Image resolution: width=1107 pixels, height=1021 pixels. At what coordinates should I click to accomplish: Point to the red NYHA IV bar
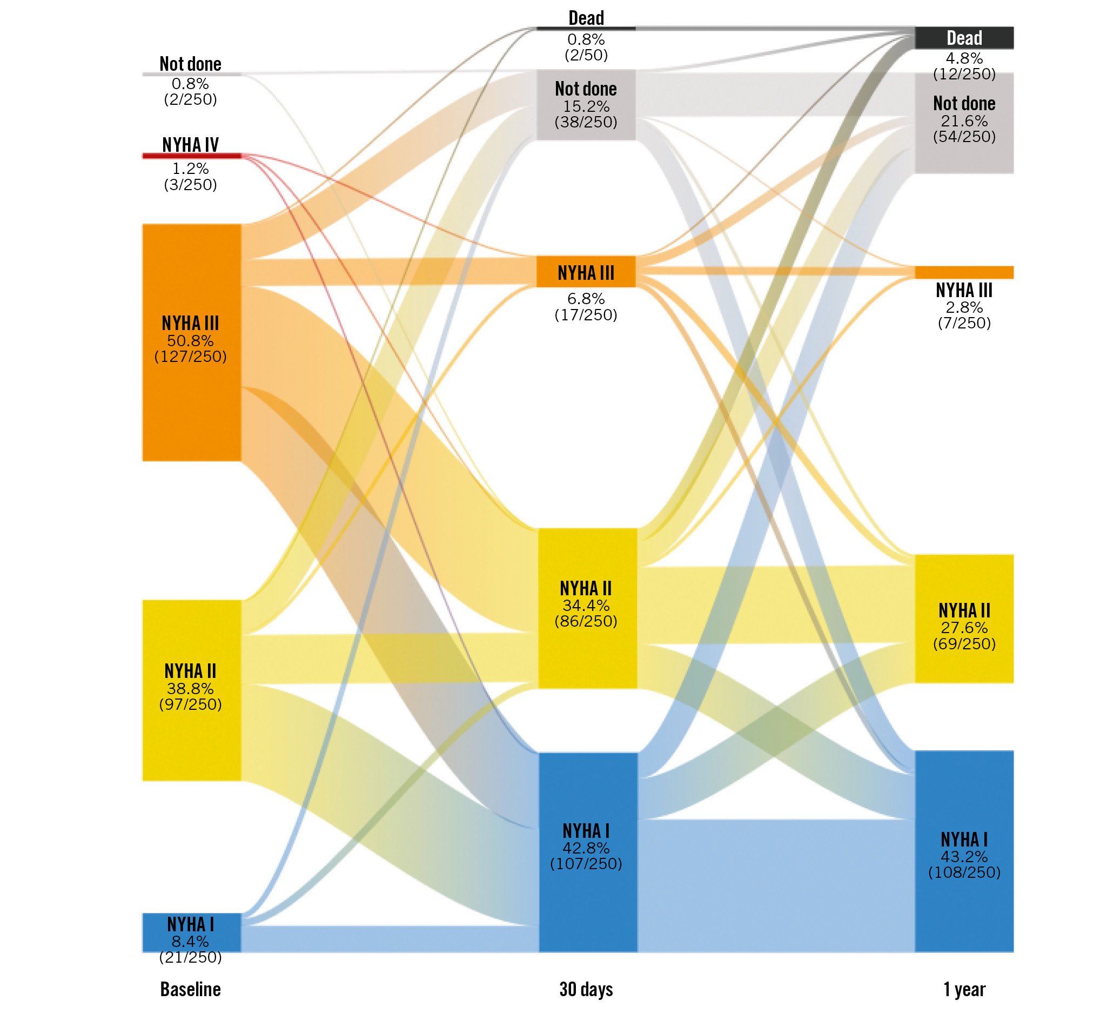191,156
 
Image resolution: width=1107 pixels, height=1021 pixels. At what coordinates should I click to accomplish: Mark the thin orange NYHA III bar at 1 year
964,272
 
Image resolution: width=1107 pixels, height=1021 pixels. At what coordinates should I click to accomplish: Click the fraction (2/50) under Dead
586,55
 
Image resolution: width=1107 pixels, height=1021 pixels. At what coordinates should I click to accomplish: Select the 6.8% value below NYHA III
586,299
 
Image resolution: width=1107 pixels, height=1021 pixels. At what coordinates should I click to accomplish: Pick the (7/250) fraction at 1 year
964,323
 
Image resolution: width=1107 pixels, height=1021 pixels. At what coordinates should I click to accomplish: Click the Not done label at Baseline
190,64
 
